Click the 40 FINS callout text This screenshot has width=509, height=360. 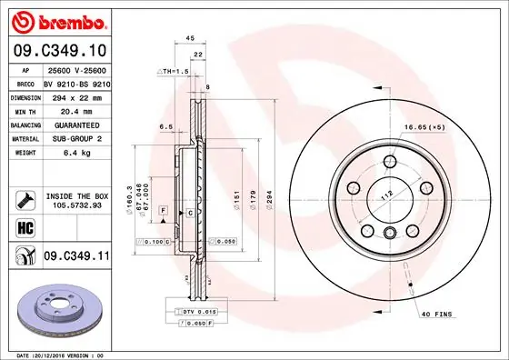(x=435, y=314)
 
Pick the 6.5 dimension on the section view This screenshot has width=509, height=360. (x=166, y=127)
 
